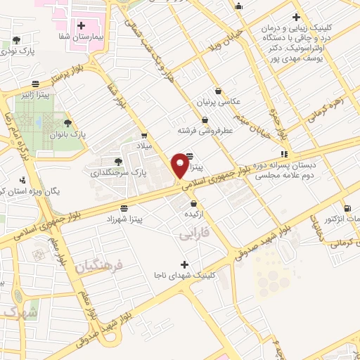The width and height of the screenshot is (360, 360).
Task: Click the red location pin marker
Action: coord(180,166)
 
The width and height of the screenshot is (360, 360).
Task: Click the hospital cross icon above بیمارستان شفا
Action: coord(82,25)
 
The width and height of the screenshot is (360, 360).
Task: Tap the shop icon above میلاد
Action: coord(144,136)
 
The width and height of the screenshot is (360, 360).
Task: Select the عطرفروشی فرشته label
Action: coord(203,130)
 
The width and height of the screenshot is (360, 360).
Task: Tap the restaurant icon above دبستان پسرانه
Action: coord(284,153)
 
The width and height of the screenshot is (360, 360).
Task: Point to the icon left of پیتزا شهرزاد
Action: coord(124,208)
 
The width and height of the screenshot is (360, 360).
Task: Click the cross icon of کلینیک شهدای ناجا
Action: coord(184,264)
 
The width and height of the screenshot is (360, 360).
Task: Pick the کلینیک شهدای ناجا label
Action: coord(184,275)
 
